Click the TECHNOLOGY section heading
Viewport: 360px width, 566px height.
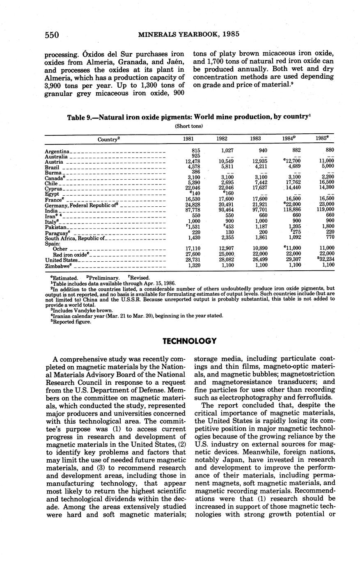[189, 341]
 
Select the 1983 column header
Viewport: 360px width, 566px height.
[255, 139]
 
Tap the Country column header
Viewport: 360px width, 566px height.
[108, 139]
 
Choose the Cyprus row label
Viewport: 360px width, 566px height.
[53, 189]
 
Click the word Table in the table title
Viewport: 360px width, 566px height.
[76, 117]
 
